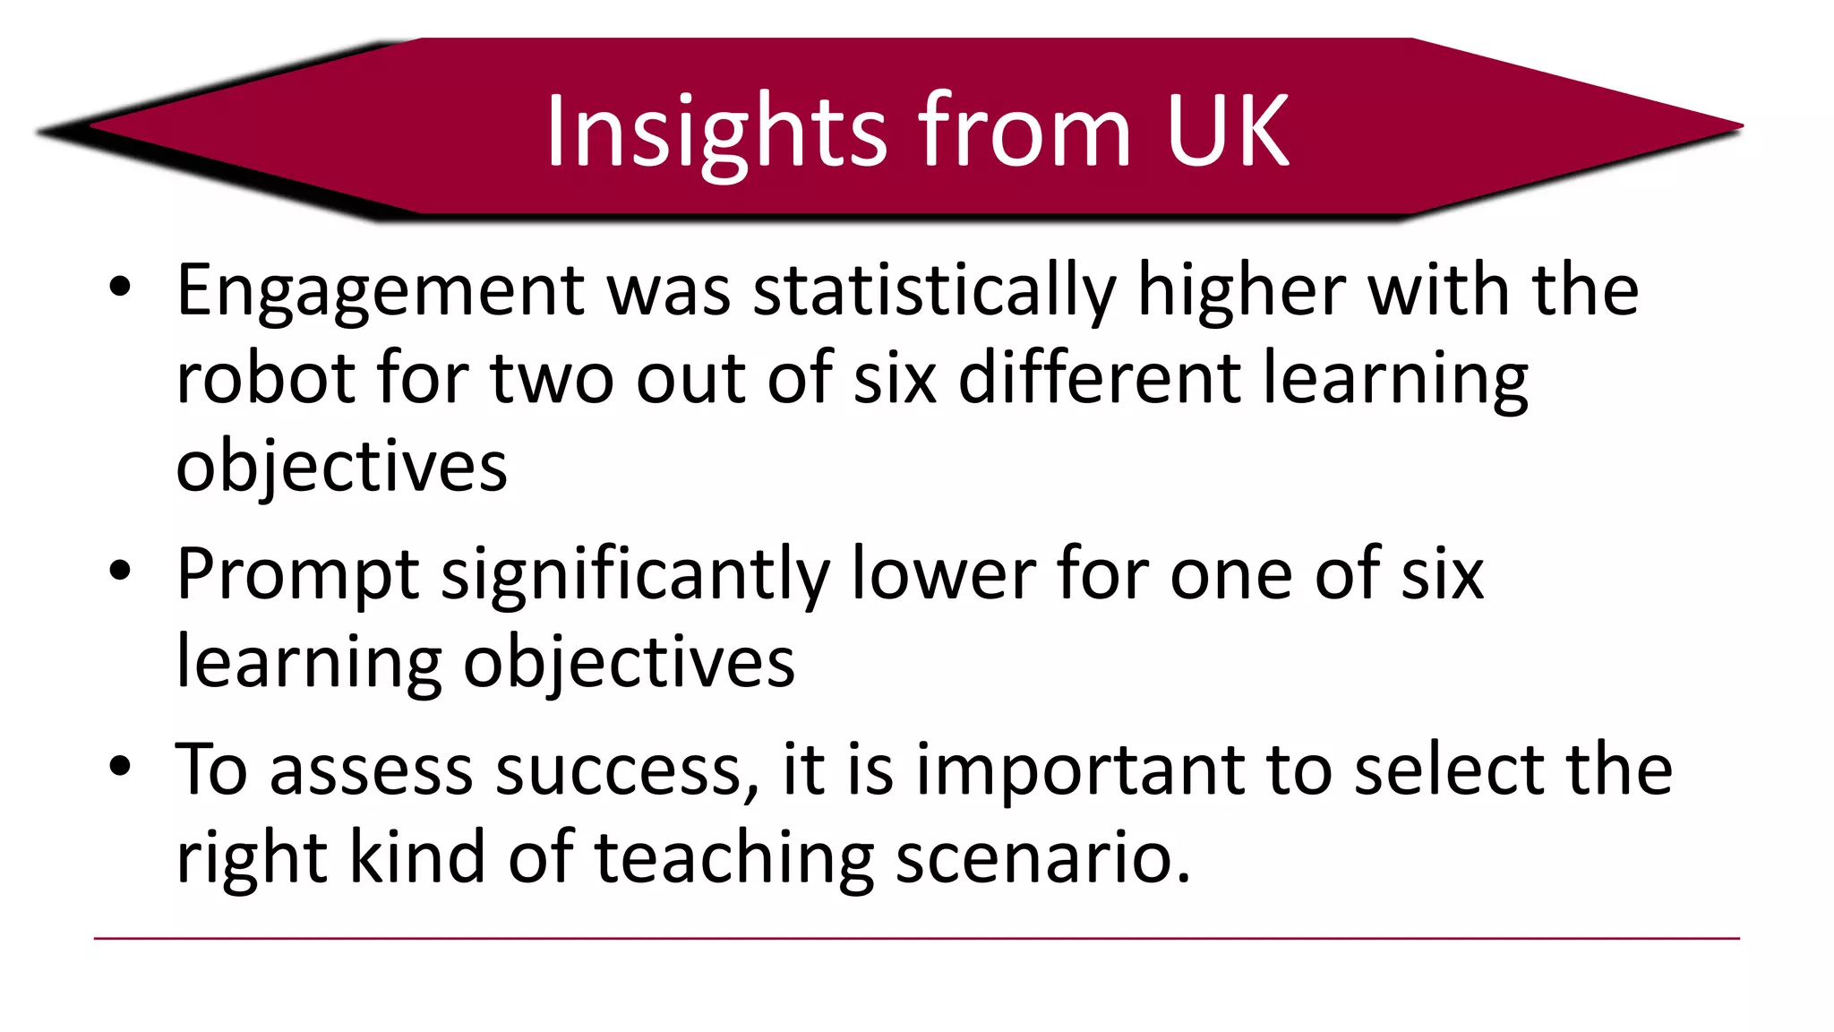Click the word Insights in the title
point(716,133)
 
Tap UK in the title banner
point(1227,133)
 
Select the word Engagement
point(381,292)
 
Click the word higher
point(1241,290)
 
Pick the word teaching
point(734,858)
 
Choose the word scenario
point(1042,858)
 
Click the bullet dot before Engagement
point(120,288)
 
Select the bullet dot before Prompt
point(120,572)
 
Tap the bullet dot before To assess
point(120,767)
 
